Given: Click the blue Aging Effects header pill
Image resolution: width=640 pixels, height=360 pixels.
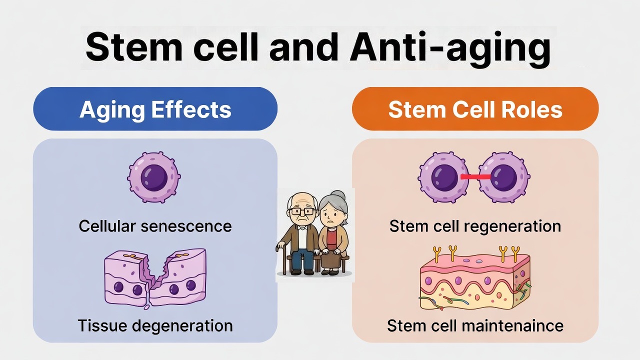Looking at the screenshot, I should click(155, 109).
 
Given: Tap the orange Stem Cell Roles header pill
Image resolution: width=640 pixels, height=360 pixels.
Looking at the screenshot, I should click(475, 109).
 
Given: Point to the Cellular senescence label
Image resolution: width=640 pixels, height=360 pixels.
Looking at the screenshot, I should click(155, 226).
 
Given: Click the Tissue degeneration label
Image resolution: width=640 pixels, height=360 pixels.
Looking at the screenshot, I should click(155, 326).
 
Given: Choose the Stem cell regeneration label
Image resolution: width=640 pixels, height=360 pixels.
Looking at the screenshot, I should click(475, 226).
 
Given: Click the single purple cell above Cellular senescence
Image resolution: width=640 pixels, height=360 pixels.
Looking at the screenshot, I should click(154, 177).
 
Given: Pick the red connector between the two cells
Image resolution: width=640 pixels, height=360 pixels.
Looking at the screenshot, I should click(475, 177).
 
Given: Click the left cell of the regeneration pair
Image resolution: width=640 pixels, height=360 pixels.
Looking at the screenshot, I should click(439, 177).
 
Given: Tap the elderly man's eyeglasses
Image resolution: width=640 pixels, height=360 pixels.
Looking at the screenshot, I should click(302, 211).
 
